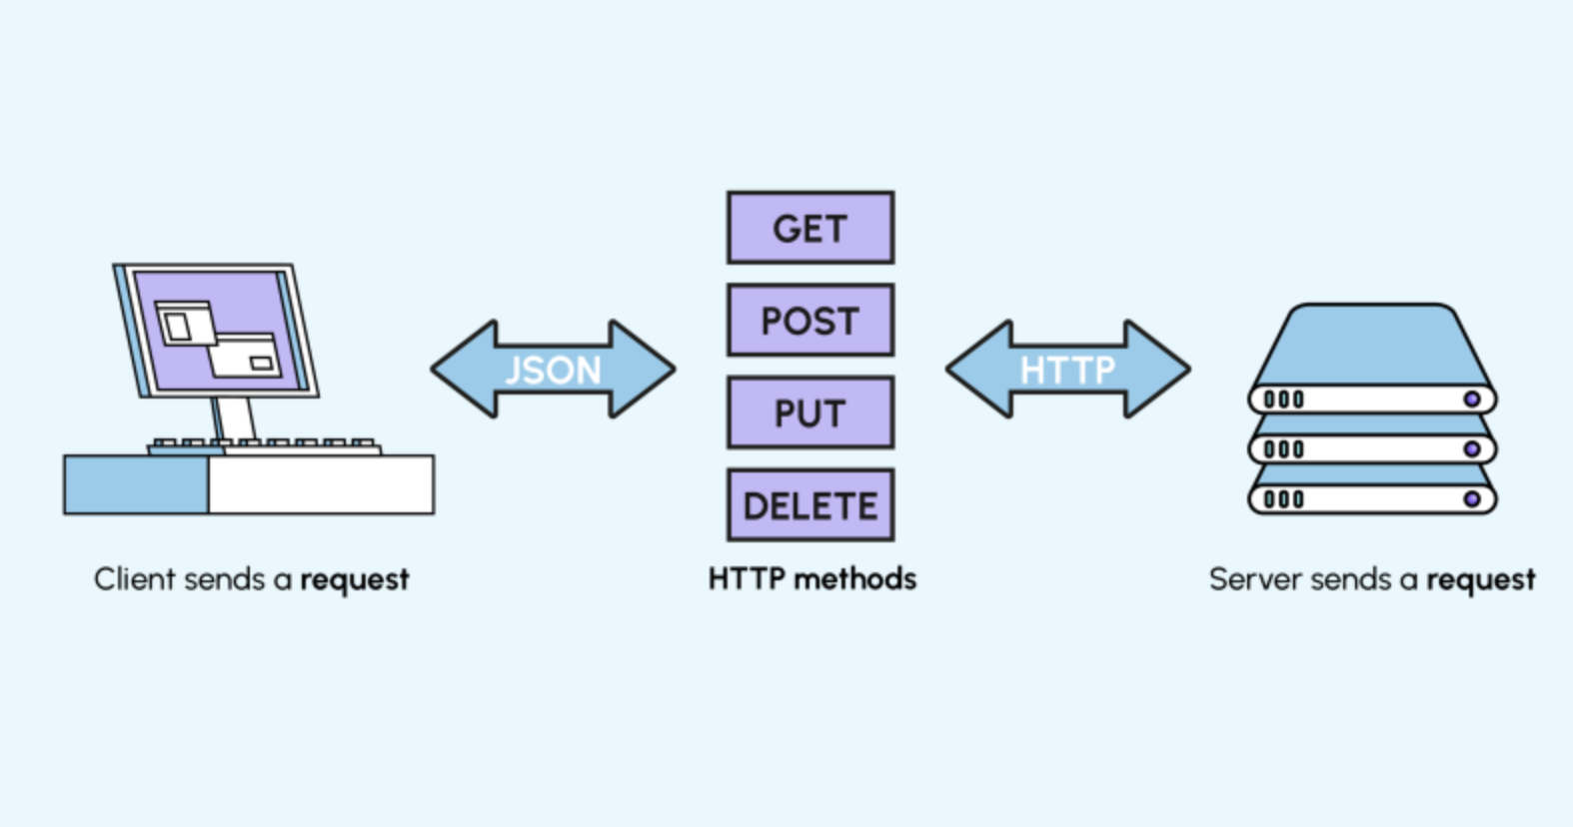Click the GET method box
coord(810,229)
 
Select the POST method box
coord(810,321)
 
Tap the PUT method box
coord(810,413)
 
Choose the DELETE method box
coord(810,505)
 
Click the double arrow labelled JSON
coord(553,370)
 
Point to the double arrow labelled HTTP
coord(1067,370)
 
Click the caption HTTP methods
coord(811,578)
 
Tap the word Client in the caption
coord(129,578)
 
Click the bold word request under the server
coord(1480,580)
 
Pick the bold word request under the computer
coord(355,580)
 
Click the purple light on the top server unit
coord(1471,400)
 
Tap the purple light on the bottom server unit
coord(1471,498)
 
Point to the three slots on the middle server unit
coord(1284,449)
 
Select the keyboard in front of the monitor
coord(265,445)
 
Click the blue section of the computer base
coord(136,484)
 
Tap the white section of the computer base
coord(321,484)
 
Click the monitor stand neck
coord(232,416)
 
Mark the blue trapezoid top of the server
coord(1371,345)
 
